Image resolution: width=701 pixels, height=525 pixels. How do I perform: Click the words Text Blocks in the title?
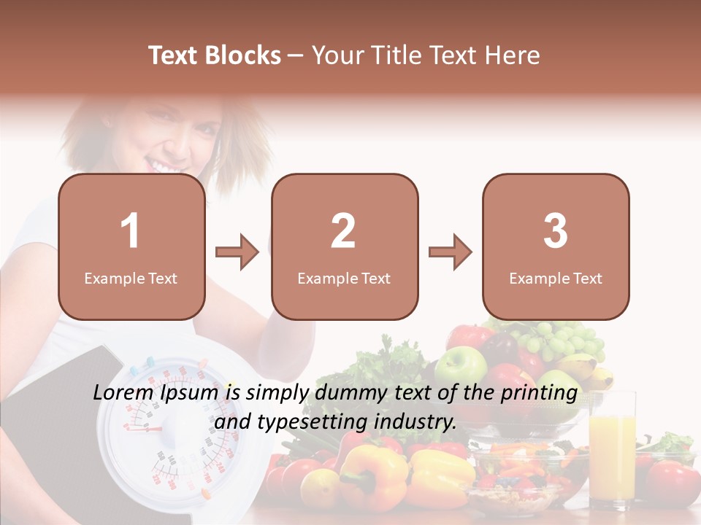click(x=215, y=55)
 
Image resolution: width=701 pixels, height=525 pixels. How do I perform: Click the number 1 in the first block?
click(x=131, y=231)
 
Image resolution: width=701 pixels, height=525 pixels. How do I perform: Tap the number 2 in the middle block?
click(x=343, y=231)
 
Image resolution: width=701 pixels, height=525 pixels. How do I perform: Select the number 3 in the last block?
click(x=556, y=231)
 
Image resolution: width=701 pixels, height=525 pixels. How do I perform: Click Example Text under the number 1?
click(x=131, y=279)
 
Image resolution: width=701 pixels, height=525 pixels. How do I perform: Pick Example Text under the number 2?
click(x=344, y=279)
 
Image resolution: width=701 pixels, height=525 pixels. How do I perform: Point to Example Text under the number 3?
click(x=556, y=279)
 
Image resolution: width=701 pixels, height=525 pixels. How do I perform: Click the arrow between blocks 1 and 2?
click(x=237, y=252)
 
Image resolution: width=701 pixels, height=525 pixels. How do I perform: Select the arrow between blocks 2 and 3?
click(x=450, y=252)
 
